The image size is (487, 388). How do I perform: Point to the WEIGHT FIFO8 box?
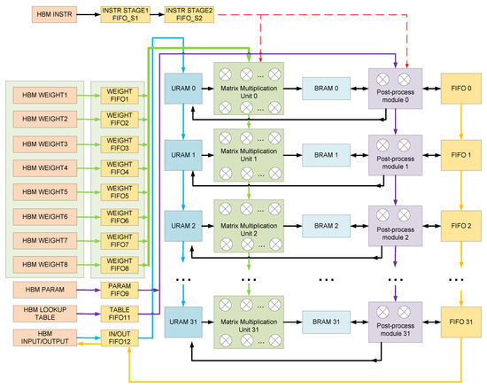click(118, 262)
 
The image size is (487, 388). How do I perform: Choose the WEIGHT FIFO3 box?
click(118, 143)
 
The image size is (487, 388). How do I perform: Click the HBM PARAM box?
click(46, 290)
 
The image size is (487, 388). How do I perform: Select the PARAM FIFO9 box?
click(118, 290)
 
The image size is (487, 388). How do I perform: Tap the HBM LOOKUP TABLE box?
click(46, 313)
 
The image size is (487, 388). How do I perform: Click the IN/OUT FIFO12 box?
click(118, 337)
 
